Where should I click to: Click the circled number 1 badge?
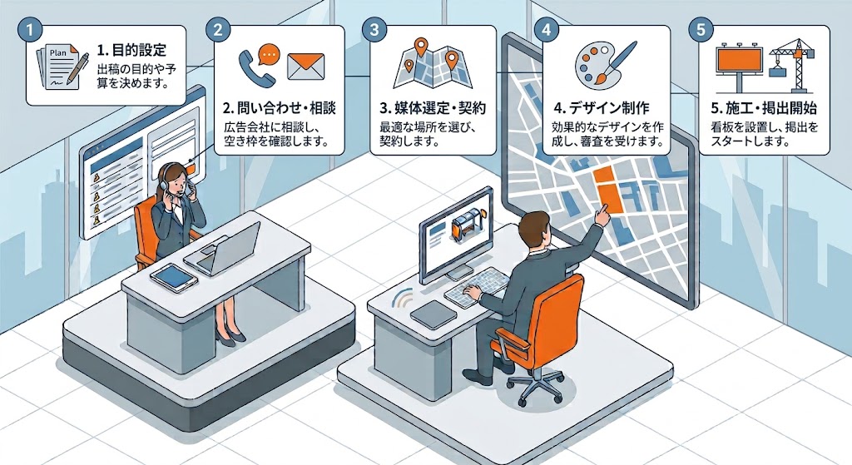click(30, 29)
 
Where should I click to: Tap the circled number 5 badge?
click(701, 29)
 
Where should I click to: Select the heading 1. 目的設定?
click(131, 51)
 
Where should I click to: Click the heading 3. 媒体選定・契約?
click(433, 108)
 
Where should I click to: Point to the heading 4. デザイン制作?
click(602, 108)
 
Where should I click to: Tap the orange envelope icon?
click(305, 67)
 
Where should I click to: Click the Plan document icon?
click(62, 67)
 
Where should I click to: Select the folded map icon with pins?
click(433, 63)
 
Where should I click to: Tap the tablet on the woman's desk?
click(172, 276)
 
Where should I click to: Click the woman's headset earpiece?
click(164, 185)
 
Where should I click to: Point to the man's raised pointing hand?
click(602, 214)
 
